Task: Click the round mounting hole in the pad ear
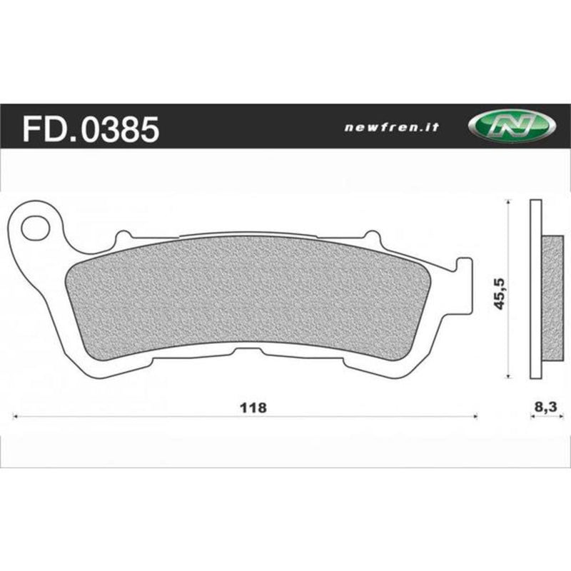click(33, 228)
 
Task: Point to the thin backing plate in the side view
click(535, 291)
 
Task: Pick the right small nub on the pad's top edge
click(370, 235)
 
